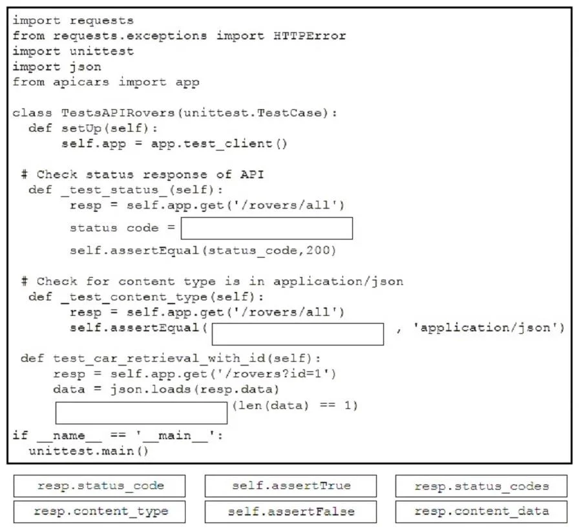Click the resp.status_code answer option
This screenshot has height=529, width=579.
pyautogui.click(x=100, y=486)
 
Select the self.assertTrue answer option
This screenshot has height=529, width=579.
pyautogui.click(x=291, y=486)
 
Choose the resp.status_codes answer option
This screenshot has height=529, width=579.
pyautogui.click(x=481, y=486)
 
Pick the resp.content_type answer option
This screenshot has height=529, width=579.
pyautogui.click(x=100, y=512)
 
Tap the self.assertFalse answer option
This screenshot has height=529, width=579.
pyautogui.click(x=291, y=512)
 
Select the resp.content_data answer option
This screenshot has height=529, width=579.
pyautogui.click(x=481, y=512)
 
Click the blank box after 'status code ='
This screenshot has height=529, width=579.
pyautogui.click(x=267, y=228)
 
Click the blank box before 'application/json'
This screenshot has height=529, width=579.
pyautogui.click(x=298, y=335)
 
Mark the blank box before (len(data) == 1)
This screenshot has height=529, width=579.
pyautogui.click(x=142, y=413)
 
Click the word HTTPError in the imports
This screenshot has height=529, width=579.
pyautogui.click(x=310, y=36)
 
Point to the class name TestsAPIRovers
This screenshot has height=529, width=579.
pyautogui.click(x=118, y=112)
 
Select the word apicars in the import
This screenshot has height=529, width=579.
pyautogui.click(x=81, y=82)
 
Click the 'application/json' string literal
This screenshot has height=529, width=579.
pyautogui.click(x=485, y=328)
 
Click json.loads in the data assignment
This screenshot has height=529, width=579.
pyautogui.click(x=151, y=389)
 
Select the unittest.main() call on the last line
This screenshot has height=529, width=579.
pyautogui.click(x=89, y=451)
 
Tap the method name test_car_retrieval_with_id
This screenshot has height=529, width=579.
pyautogui.click(x=159, y=358)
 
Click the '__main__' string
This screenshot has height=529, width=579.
pyautogui.click(x=175, y=435)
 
